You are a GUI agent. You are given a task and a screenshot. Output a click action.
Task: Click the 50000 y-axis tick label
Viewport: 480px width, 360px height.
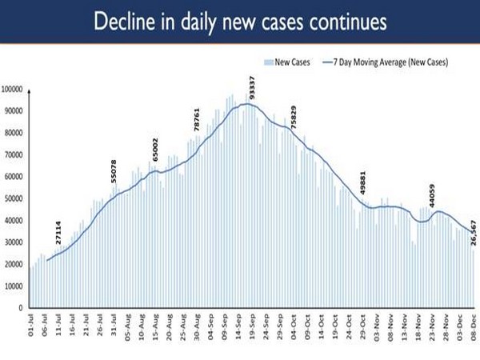point(15,198)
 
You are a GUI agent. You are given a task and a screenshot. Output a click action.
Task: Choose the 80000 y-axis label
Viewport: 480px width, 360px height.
point(15,133)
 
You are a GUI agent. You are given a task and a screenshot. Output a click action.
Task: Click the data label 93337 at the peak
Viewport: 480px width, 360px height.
point(251,86)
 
